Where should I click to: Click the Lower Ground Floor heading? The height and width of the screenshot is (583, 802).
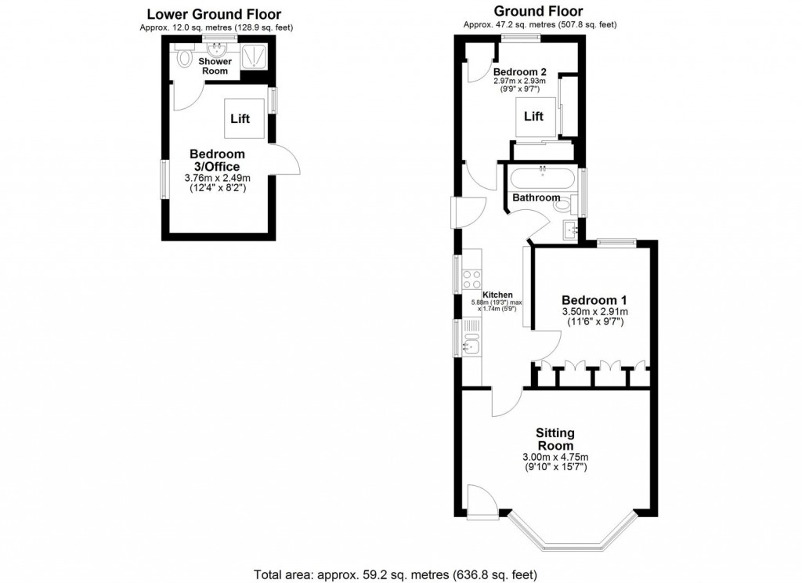coord(214,13)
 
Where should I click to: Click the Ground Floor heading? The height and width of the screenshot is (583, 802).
coord(540,11)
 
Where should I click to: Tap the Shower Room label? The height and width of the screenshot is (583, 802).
coord(214,66)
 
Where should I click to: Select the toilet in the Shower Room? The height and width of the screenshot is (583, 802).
coord(185,57)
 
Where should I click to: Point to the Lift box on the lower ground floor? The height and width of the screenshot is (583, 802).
coord(240,119)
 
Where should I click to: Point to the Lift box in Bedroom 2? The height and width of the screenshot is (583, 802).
coord(534,117)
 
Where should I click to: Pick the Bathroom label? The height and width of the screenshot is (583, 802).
coord(536,198)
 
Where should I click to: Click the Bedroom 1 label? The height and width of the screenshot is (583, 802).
coord(594,299)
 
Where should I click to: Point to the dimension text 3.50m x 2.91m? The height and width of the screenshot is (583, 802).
coord(594,311)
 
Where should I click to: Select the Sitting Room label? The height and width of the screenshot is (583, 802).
coord(555,439)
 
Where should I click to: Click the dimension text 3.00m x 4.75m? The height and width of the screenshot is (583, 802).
coord(555,457)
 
